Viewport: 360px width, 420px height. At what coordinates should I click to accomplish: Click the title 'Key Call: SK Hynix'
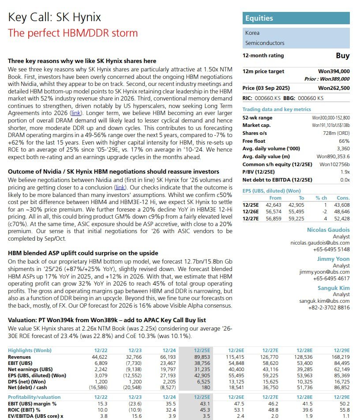(55, 17)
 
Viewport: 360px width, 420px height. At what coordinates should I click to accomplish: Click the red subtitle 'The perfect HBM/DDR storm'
(73, 33)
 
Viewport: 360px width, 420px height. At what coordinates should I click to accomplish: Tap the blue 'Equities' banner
(296, 18)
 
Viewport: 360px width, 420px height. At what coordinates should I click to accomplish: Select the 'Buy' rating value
(342, 56)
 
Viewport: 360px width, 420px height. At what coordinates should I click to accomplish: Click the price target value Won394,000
(334, 71)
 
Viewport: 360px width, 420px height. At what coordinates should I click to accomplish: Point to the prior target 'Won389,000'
(334, 79)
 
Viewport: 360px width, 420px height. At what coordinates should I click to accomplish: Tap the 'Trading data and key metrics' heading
(277, 109)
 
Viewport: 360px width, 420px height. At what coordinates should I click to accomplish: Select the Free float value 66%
(345, 141)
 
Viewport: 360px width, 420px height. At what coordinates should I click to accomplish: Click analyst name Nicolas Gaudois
(328, 230)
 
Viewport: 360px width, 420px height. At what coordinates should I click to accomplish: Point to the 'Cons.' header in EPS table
(342, 198)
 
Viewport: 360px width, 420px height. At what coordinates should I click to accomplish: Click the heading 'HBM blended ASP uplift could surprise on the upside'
(83, 253)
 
